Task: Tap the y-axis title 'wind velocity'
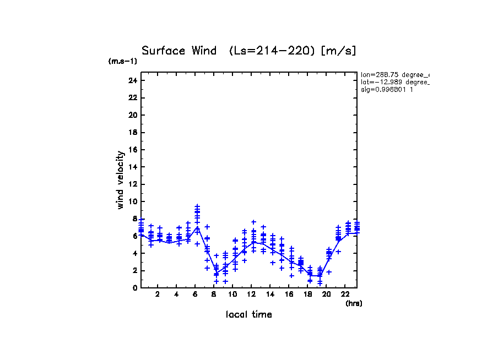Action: pyautogui.click(x=120, y=180)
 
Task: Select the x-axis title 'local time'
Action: pyautogui.click(x=249, y=314)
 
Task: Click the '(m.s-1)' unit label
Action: pyautogui.click(x=123, y=62)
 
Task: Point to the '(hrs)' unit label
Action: pyautogui.click(x=354, y=303)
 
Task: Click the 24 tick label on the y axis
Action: pyautogui.click(x=132, y=80)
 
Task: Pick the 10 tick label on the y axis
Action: pyautogui.click(x=132, y=201)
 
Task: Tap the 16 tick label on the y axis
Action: pyautogui.click(x=132, y=150)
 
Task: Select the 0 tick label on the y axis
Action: pyautogui.click(x=134, y=288)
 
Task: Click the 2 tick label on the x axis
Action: pyautogui.click(x=158, y=294)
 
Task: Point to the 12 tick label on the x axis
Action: pyautogui.click(x=252, y=294)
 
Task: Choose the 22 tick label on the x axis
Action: pyautogui.click(x=345, y=294)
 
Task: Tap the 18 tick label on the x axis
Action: pyautogui.click(x=307, y=294)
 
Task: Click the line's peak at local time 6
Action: pyautogui.click(x=197, y=227)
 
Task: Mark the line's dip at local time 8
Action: pyautogui.click(x=216, y=274)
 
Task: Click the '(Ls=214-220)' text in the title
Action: pyautogui.click(x=273, y=51)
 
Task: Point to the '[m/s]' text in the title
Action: pyautogui.click(x=339, y=51)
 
